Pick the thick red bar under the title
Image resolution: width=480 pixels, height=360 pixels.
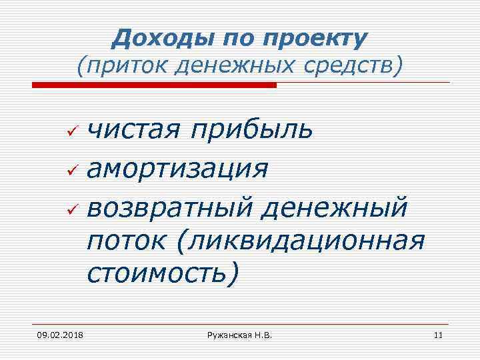(154, 85)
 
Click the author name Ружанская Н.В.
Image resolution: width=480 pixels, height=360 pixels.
(240, 334)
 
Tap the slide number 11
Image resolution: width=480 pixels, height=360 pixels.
(437, 334)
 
